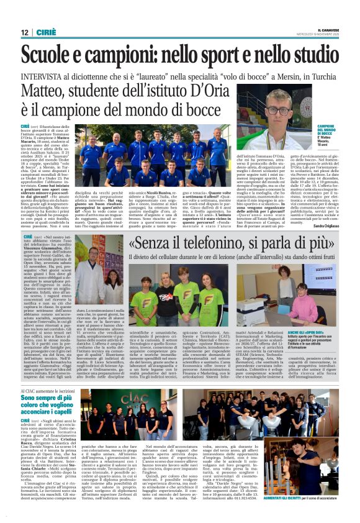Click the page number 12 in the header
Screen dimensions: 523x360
25,32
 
